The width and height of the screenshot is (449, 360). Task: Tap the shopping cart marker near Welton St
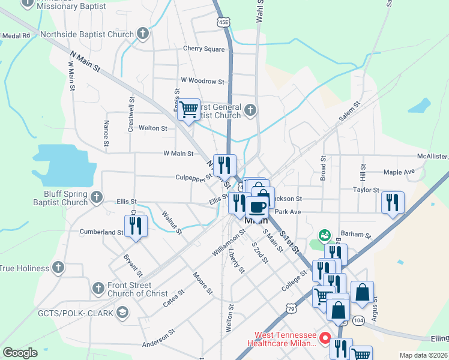[189, 110]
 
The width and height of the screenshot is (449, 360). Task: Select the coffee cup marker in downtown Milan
[257, 208]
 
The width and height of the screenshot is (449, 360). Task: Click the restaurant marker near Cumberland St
[135, 226]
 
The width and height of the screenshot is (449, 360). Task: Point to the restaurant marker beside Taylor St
[393, 202]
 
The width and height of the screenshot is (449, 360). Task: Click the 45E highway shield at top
[223, 22]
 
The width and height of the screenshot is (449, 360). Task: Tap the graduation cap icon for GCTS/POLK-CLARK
[123, 312]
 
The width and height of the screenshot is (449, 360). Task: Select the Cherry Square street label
[203, 49]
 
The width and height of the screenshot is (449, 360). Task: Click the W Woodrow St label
[202, 81]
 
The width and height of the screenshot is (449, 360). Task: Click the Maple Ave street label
[399, 172]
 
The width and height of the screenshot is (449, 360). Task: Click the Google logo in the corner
[20, 352]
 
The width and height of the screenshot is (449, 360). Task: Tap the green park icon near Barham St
[325, 235]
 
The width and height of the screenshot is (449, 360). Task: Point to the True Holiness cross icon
[58, 266]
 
